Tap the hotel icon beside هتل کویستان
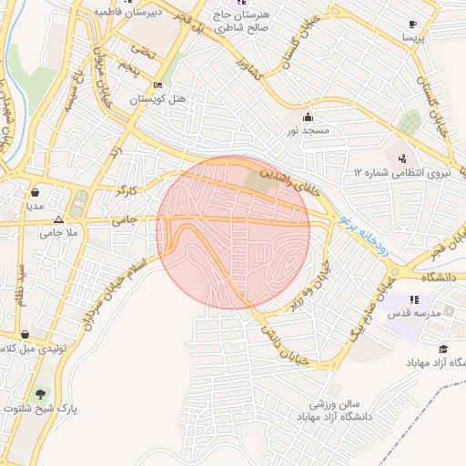click(158, 86)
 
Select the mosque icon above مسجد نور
click(308, 116)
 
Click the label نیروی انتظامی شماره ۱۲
click(402, 171)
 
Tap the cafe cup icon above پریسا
click(412, 24)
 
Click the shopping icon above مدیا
click(35, 193)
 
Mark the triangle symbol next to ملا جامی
click(58, 219)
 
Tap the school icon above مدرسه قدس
click(415, 299)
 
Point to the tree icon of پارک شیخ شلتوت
click(40, 395)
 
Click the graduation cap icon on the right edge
click(443, 349)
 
